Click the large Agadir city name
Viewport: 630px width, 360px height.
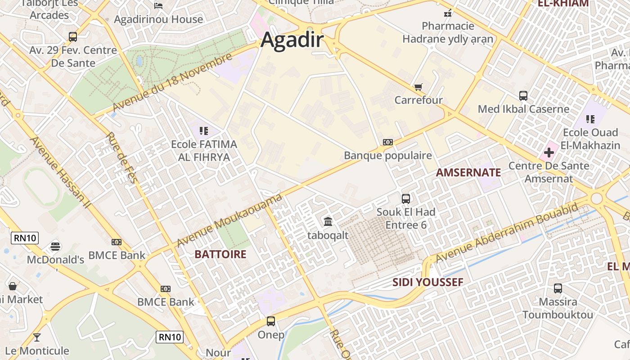coord(292,40)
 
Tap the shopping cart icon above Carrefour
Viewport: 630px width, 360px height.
coord(418,87)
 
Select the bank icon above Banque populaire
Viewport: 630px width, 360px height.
coord(387,142)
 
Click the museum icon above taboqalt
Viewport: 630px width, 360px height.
coord(328,221)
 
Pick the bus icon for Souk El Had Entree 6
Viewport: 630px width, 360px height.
coord(406,198)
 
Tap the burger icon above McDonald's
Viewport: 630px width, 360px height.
coord(55,246)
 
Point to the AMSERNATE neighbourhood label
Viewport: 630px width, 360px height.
coord(468,172)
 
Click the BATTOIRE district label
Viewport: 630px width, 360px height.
coord(220,254)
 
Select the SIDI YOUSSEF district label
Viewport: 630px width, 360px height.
coord(427,283)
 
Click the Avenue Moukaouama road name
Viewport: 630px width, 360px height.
coord(229,220)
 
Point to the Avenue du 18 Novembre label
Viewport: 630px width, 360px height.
coord(172,82)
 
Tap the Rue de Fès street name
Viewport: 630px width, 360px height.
coord(121,158)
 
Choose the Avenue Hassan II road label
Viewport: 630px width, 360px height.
coord(60,172)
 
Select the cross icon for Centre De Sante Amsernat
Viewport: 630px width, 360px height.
coord(549,153)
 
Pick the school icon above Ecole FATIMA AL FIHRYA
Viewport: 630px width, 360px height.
coord(204,131)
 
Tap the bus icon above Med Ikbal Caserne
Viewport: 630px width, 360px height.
coord(523,96)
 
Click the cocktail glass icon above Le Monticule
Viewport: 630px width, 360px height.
coord(37,337)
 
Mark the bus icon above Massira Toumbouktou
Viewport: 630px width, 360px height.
coord(558,288)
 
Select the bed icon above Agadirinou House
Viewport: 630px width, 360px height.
coord(158,5)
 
